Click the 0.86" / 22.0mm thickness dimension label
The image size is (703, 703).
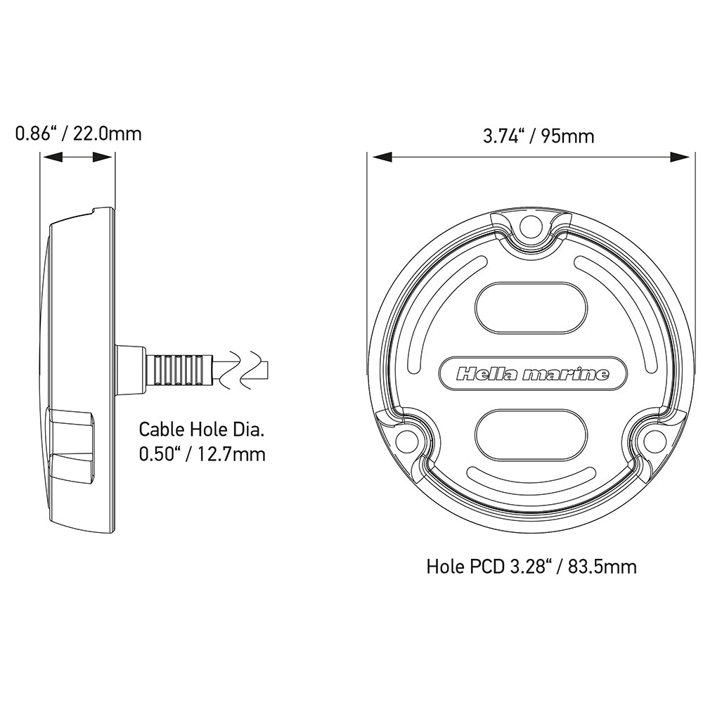(x=78, y=133)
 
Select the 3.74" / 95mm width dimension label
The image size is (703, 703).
(x=538, y=135)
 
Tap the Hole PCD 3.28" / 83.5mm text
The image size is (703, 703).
(x=531, y=567)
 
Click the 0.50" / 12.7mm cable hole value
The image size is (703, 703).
(x=202, y=455)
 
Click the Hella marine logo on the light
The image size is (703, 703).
(x=532, y=373)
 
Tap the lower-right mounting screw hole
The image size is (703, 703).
(x=656, y=441)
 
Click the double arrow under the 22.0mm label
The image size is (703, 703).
(x=77, y=158)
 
